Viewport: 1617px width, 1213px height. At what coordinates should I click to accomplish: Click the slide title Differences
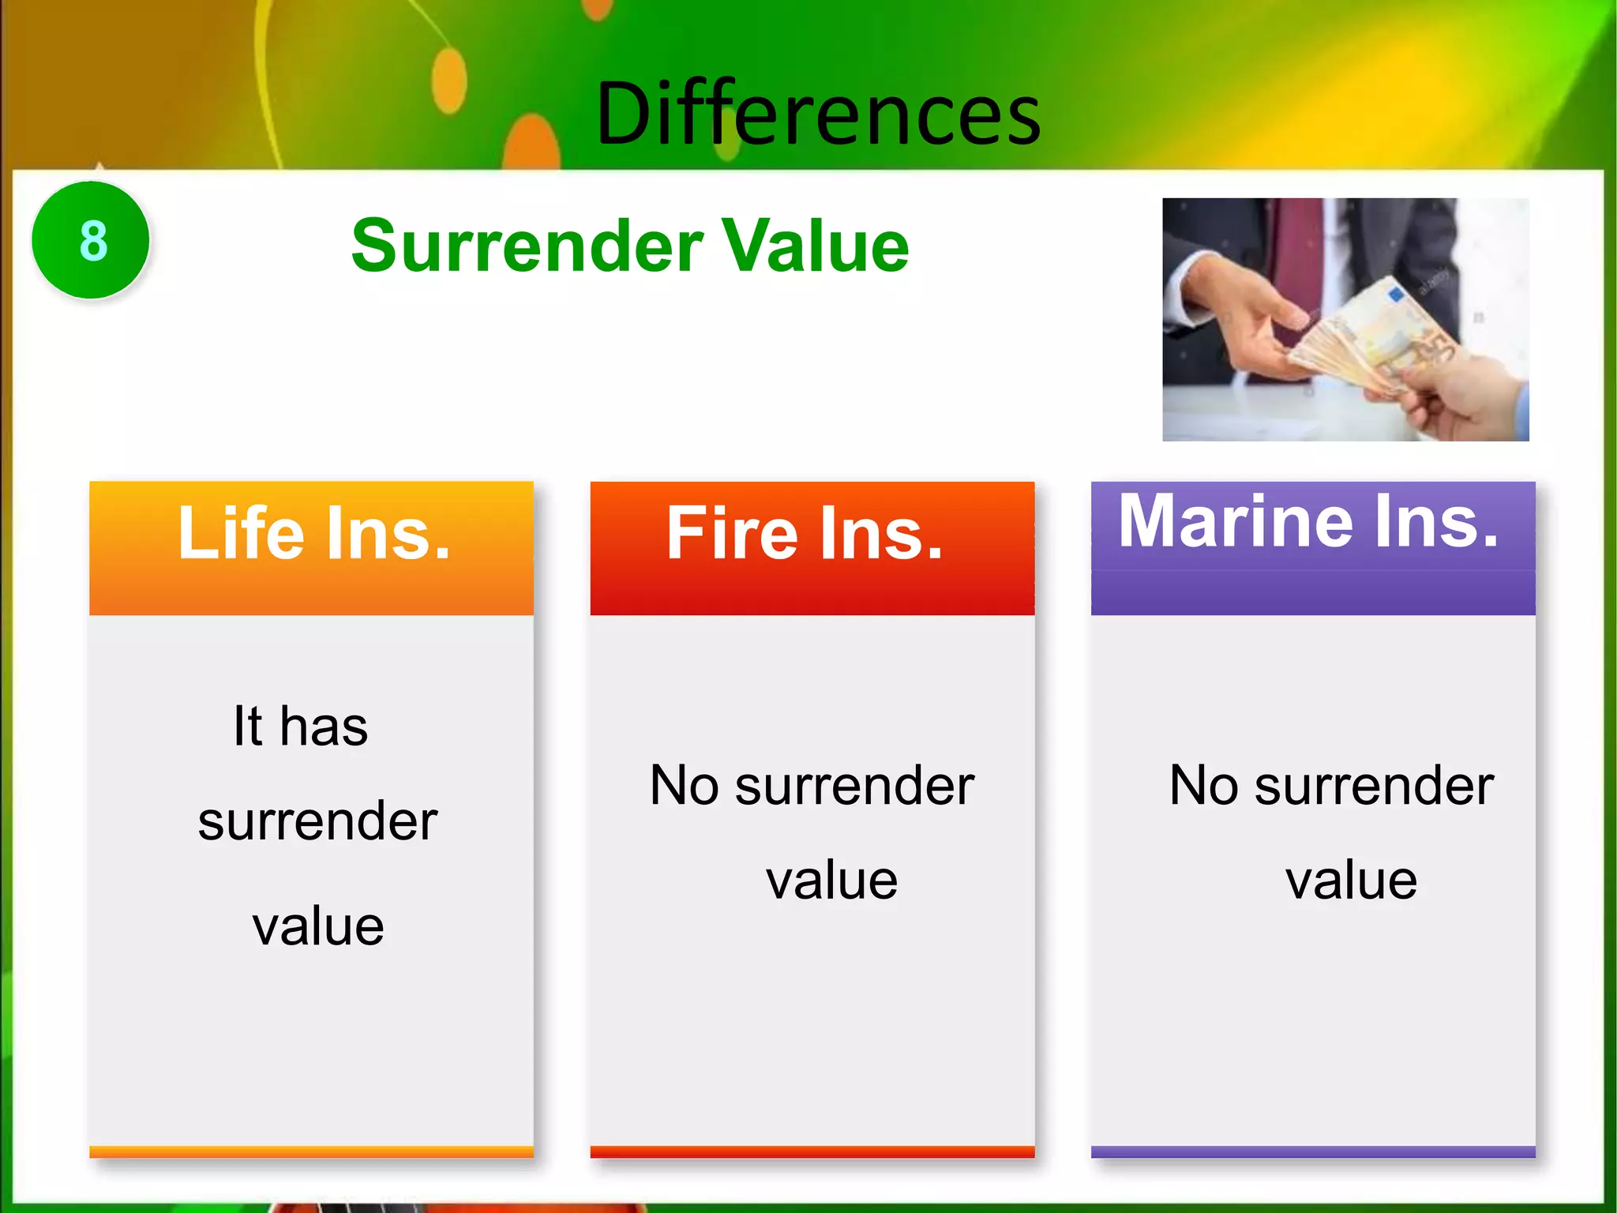818,115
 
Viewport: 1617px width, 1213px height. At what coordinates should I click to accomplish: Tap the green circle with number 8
92,240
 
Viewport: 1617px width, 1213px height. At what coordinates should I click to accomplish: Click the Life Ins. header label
313,534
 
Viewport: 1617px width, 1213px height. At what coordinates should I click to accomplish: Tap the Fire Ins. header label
805,534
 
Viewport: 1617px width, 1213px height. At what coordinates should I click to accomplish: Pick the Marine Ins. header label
1308,521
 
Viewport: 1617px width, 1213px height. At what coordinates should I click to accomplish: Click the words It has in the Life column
300,726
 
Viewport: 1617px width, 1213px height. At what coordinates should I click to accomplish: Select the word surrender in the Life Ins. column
317,821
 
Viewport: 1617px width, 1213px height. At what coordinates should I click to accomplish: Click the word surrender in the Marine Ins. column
1374,786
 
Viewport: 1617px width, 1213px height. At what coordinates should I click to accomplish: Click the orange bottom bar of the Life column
311,1151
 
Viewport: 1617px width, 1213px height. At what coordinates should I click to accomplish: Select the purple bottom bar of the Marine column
1312,1151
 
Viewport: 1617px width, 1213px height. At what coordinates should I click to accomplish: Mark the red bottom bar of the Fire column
812,1151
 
